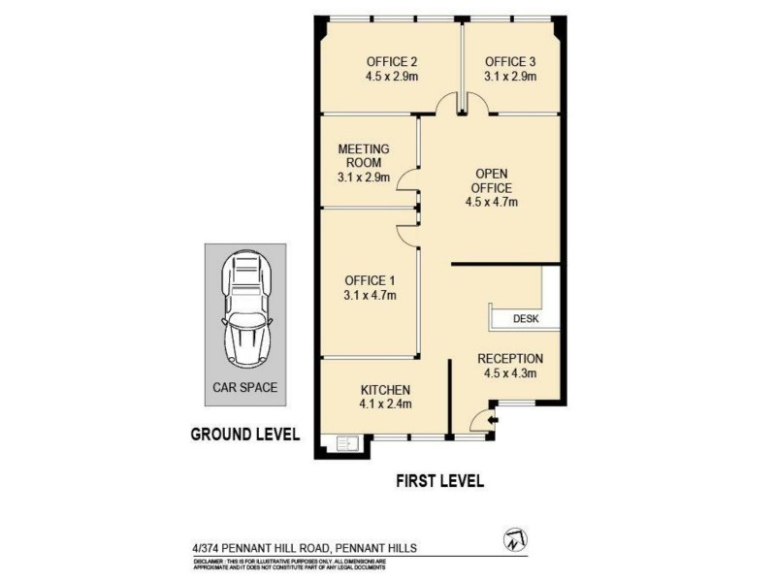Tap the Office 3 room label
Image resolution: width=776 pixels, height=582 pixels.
click(x=510, y=60)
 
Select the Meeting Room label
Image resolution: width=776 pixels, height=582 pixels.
click(x=363, y=156)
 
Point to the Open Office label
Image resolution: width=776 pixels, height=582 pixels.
click(x=492, y=181)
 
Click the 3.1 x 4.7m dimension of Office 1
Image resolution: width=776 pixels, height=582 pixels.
click(x=370, y=295)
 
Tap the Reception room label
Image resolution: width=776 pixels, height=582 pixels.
click(x=510, y=358)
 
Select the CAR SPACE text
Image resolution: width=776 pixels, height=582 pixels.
click(x=245, y=387)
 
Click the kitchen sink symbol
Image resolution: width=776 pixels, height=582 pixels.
click(x=347, y=445)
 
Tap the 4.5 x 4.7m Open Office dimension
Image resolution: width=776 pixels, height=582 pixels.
click(x=492, y=203)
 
